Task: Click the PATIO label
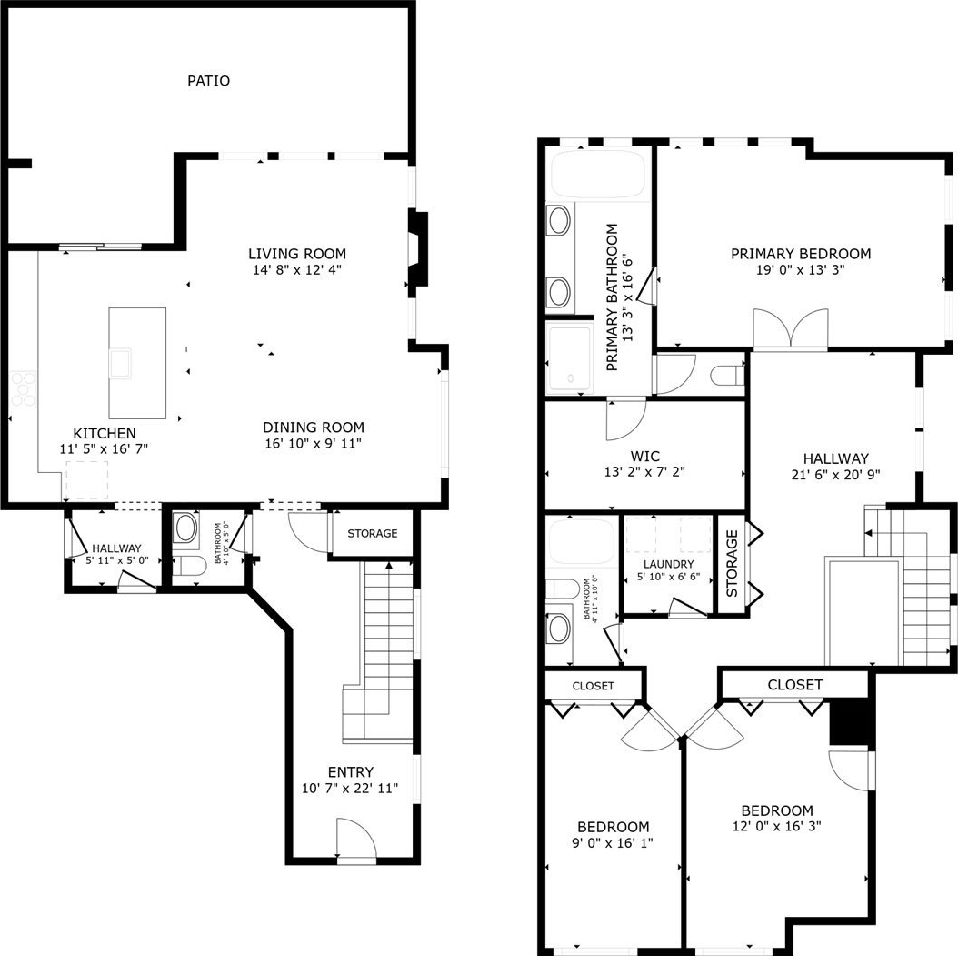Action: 208,81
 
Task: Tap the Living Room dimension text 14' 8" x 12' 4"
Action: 297,269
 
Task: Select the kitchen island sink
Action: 120,362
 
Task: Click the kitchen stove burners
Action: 24,389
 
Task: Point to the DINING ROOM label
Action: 314,428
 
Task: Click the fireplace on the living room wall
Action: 418,248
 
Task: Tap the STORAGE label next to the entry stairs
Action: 372,534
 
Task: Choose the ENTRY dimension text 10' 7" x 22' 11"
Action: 350,789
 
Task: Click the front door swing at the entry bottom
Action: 354,839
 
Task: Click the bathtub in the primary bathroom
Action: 598,175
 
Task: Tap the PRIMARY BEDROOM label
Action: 801,254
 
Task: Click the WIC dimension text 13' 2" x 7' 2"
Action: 644,472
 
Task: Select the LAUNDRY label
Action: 668,564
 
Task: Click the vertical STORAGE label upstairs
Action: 732,564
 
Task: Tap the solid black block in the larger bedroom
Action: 849,722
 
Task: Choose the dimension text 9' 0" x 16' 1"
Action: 613,843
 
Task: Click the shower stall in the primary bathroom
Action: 569,358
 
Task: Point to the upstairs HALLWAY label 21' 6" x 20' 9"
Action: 836,467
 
